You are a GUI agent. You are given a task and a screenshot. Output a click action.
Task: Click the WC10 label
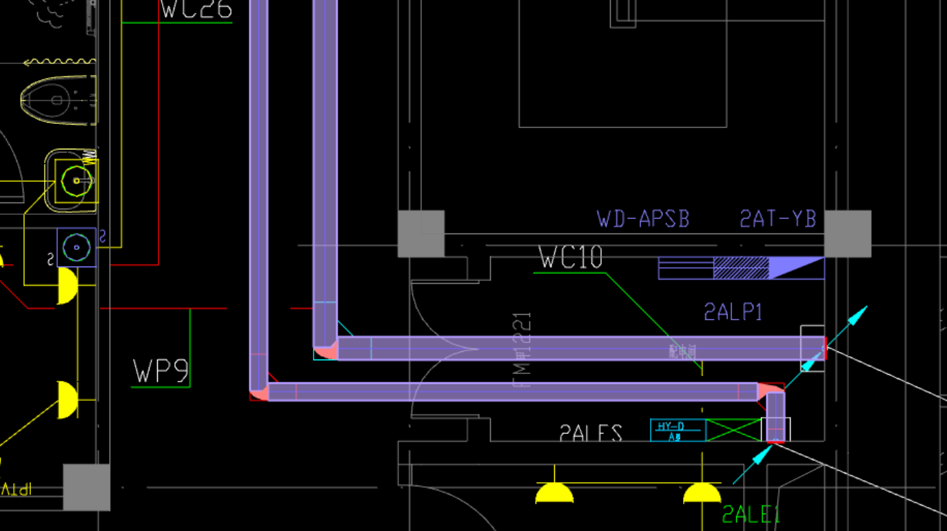click(571, 258)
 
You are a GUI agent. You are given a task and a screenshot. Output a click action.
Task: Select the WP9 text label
click(161, 371)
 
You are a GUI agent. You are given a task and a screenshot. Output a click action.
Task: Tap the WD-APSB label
click(643, 219)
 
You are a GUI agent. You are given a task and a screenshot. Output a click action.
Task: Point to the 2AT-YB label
click(777, 219)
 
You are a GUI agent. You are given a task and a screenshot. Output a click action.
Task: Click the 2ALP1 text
click(733, 312)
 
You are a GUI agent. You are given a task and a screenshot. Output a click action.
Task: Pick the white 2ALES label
click(591, 434)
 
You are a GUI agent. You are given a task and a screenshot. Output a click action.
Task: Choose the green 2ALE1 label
click(751, 514)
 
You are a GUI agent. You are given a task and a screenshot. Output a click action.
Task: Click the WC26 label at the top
click(196, 10)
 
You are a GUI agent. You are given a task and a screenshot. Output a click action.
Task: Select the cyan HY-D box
click(678, 430)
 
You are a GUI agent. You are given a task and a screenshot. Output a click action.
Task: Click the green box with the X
click(733, 430)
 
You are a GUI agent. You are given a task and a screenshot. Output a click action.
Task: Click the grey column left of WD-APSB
click(421, 234)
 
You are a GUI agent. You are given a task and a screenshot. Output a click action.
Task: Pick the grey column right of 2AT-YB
click(848, 234)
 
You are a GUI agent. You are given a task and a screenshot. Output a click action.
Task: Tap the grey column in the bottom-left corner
click(87, 487)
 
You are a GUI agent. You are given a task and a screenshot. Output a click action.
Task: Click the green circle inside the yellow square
click(75, 181)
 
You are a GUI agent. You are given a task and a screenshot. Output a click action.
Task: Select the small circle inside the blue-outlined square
click(77, 247)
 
